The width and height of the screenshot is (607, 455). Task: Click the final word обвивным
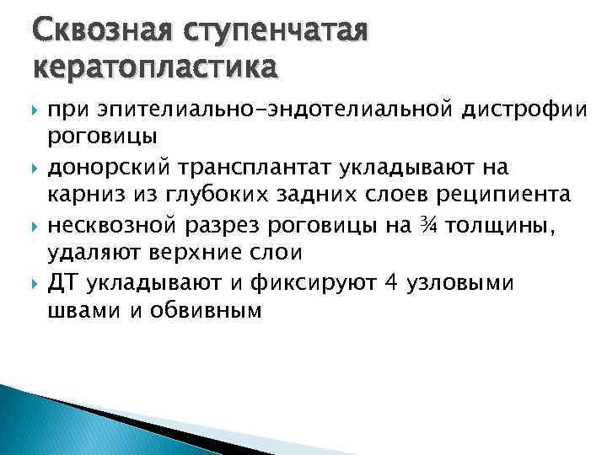click(x=210, y=311)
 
